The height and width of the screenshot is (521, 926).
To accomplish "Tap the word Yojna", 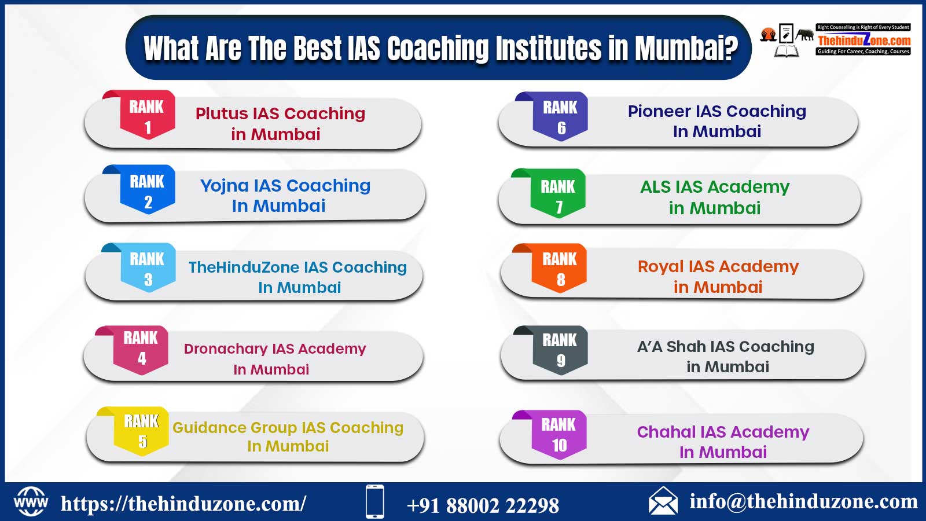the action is pyautogui.click(x=225, y=186).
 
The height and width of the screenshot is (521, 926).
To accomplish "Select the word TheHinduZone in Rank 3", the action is pyautogui.click(x=244, y=267).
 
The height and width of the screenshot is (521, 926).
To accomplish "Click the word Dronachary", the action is pyautogui.click(x=226, y=350).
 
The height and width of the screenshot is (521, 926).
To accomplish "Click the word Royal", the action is pyautogui.click(x=661, y=267).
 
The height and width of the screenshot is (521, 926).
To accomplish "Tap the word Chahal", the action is pyautogui.click(x=666, y=432).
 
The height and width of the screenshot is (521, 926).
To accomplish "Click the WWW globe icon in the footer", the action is pyautogui.click(x=31, y=502).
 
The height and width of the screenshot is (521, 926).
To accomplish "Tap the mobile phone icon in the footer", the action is pyautogui.click(x=375, y=501).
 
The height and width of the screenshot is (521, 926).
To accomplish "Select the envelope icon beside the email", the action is pyautogui.click(x=663, y=501).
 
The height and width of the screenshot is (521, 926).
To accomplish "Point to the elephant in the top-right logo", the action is pyautogui.click(x=805, y=35).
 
